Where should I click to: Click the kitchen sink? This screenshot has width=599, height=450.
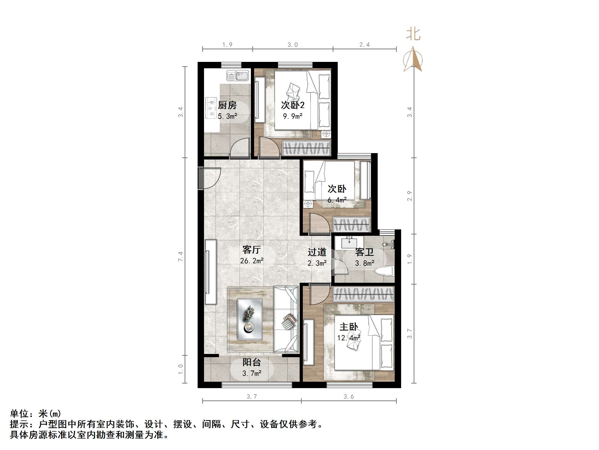pyautogui.click(x=238, y=76)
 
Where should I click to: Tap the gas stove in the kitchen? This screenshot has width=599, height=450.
pyautogui.click(x=211, y=108)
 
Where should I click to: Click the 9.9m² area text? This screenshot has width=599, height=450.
pyautogui.click(x=292, y=116)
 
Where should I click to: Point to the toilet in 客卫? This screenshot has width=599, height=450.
pyautogui.click(x=384, y=272)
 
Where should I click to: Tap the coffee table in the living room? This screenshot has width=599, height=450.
pyautogui.click(x=249, y=319)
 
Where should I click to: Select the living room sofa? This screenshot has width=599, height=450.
pyautogui.click(x=286, y=319)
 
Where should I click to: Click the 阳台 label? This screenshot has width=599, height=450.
pyautogui.click(x=252, y=363)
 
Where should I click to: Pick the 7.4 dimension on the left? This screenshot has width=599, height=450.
pyautogui.click(x=181, y=256)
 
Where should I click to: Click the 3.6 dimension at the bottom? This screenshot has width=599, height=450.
pyautogui.click(x=349, y=397)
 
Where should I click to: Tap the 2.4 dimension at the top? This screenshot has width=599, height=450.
pyautogui.click(x=365, y=45)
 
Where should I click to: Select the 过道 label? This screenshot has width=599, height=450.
pyautogui.click(x=317, y=252)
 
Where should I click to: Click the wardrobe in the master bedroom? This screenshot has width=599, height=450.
pyautogui.click(x=363, y=294)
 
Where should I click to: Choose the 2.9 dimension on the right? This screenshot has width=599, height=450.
pyautogui.click(x=410, y=196)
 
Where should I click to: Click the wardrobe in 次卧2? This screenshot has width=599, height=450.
pyautogui.click(x=306, y=148)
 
